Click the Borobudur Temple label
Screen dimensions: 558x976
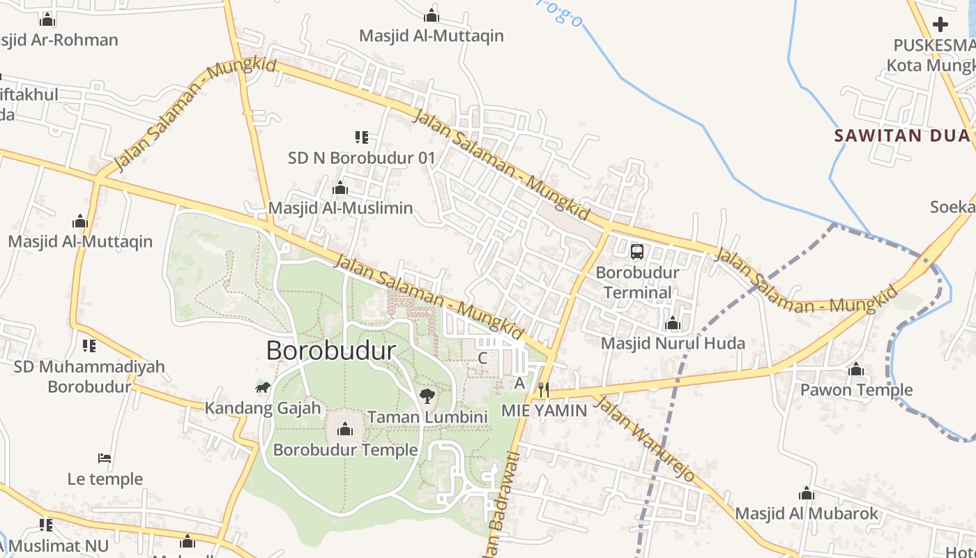[x=345, y=450]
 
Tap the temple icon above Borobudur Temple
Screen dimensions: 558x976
[x=345, y=429]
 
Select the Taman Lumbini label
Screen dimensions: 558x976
[x=427, y=417]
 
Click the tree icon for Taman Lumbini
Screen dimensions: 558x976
[x=427, y=397]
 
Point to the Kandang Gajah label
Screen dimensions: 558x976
[x=262, y=408]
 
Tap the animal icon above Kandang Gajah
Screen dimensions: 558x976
[x=262, y=387]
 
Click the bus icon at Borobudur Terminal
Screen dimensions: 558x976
[x=636, y=251]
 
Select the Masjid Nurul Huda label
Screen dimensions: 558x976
[x=673, y=343]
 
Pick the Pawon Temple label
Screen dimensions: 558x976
[x=856, y=389]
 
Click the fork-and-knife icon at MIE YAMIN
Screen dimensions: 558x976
[x=544, y=389]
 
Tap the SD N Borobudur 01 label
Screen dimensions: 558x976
[x=361, y=158]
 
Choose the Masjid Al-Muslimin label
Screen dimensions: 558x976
[x=340, y=208]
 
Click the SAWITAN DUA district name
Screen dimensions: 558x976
[x=902, y=135]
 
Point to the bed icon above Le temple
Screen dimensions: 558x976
[x=105, y=458]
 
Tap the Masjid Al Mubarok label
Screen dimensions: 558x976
[x=807, y=514]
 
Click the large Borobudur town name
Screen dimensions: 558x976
[x=331, y=350]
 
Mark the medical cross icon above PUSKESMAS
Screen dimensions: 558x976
[x=940, y=24]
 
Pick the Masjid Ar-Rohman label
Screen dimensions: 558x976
[x=59, y=40]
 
